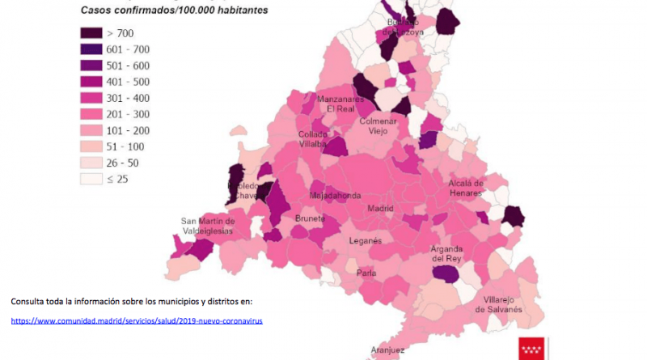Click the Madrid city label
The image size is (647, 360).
click(x=380, y=208)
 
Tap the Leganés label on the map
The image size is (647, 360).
click(x=366, y=241)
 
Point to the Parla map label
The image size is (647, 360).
click(x=366, y=273)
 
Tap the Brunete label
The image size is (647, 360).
click(x=310, y=218)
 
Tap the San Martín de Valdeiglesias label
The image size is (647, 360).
click(x=207, y=225)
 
